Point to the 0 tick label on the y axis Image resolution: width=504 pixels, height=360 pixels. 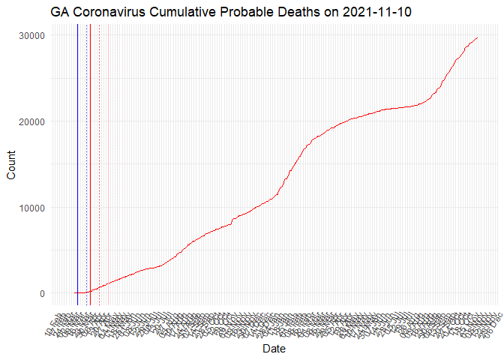tap(43, 293)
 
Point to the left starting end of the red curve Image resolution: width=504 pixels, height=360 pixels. tap(75, 292)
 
